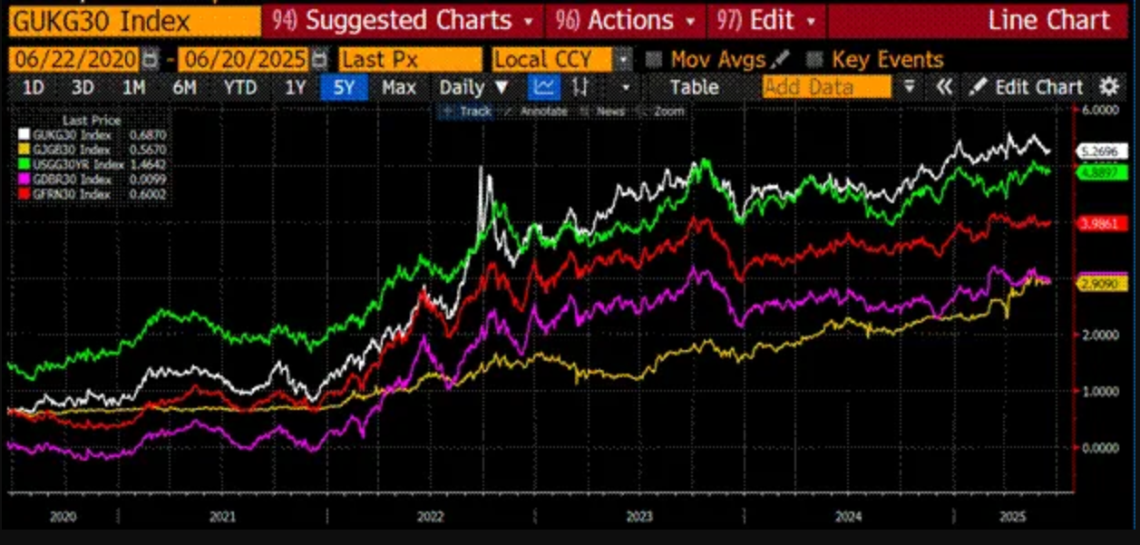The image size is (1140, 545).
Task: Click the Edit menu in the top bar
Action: (765, 20)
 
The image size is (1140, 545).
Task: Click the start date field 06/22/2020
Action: (73, 60)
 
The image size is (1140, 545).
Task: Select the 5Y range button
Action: (344, 87)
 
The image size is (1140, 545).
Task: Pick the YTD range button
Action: (240, 87)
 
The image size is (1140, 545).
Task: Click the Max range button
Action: (399, 87)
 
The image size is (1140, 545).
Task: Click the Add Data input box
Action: (826, 87)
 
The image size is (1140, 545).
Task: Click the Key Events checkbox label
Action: (887, 60)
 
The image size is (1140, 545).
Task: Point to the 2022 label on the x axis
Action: (430, 516)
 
